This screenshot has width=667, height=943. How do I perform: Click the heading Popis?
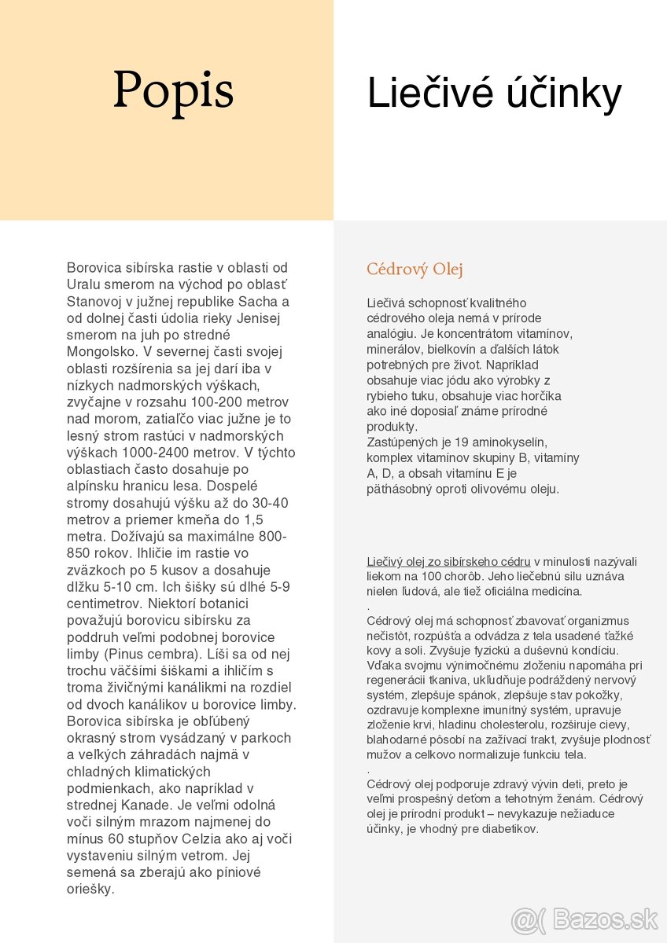point(173,90)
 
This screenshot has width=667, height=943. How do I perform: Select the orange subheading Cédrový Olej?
point(415,270)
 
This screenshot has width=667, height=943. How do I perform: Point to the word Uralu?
point(84,284)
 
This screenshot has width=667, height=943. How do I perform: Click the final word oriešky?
point(90,889)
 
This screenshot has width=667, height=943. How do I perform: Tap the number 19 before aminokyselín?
point(462,442)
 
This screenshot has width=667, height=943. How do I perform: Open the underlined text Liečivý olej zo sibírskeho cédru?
point(448,561)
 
